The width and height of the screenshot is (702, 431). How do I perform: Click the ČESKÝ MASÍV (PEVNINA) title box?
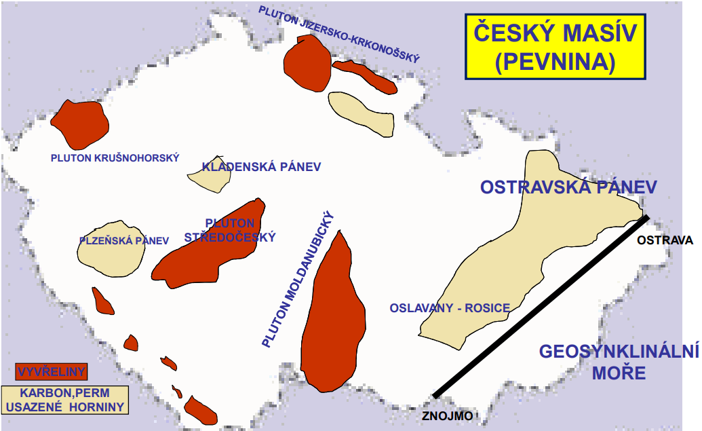click(555, 45)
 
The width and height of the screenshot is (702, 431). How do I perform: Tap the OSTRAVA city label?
click(665, 240)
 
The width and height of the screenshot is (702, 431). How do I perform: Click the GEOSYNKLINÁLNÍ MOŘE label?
click(618, 362)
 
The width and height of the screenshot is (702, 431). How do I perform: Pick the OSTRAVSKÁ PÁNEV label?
click(569, 187)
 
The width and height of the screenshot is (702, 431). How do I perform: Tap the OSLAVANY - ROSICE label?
click(449, 307)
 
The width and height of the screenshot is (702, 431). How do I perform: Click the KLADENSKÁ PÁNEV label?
click(261, 166)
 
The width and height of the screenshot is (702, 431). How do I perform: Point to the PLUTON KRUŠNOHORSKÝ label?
click(115, 157)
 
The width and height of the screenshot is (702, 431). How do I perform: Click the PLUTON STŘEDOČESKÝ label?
click(230, 230)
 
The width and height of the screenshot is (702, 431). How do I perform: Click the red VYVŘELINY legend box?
click(51, 371)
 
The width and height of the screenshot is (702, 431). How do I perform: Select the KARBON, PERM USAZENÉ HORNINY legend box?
click(64, 400)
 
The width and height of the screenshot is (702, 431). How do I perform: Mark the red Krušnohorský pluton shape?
click(80, 124)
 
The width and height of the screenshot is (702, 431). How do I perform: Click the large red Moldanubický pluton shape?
click(332, 319)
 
